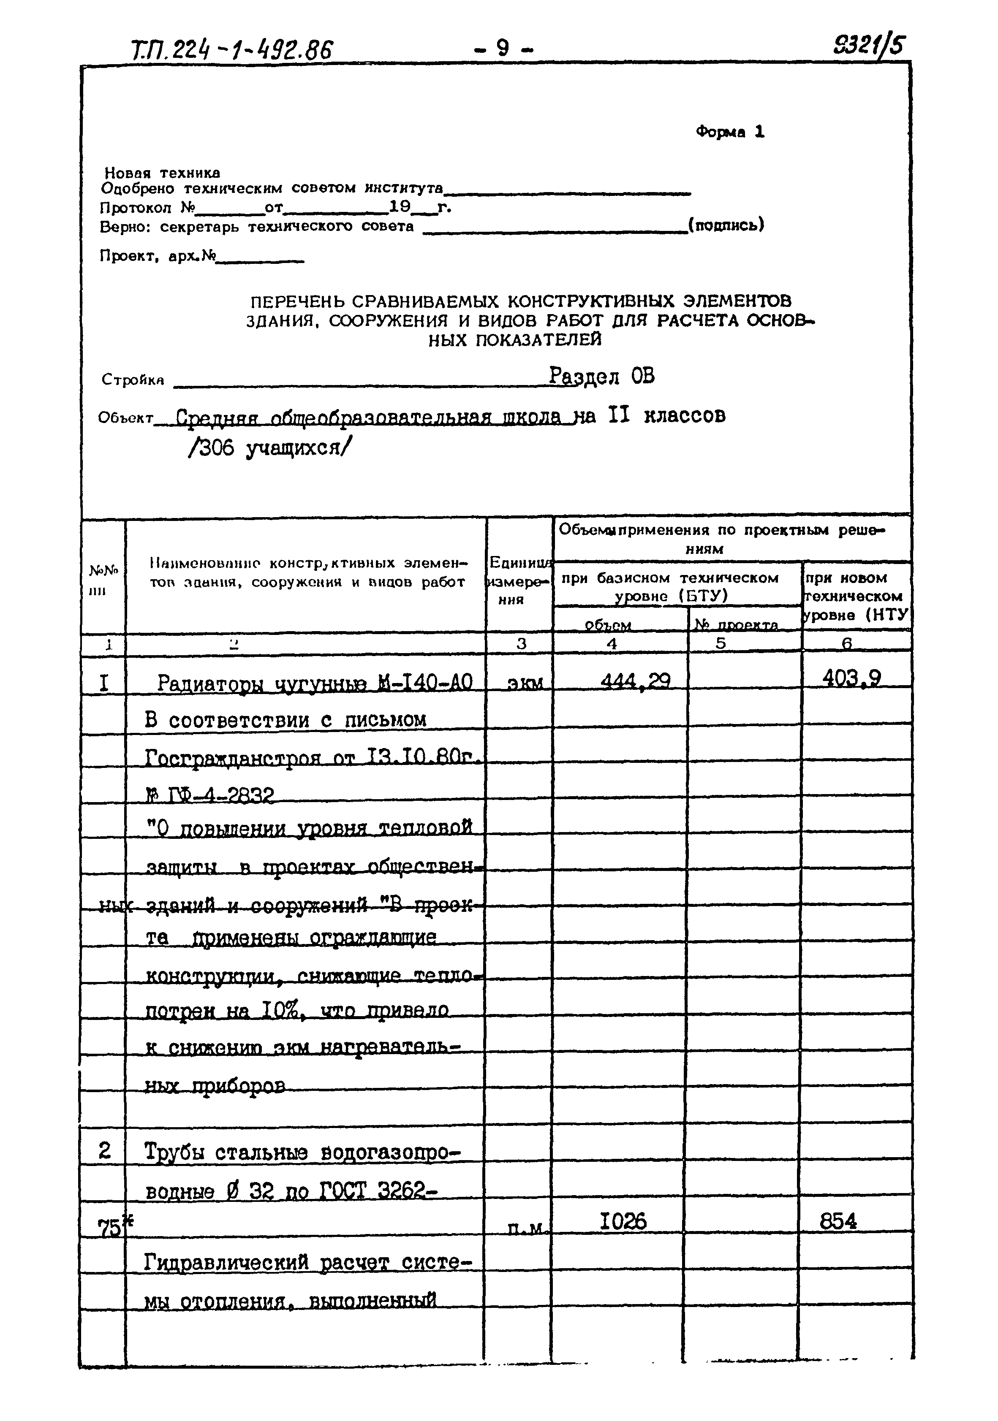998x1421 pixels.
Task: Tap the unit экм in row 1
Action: (525, 683)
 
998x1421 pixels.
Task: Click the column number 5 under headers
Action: (721, 643)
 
